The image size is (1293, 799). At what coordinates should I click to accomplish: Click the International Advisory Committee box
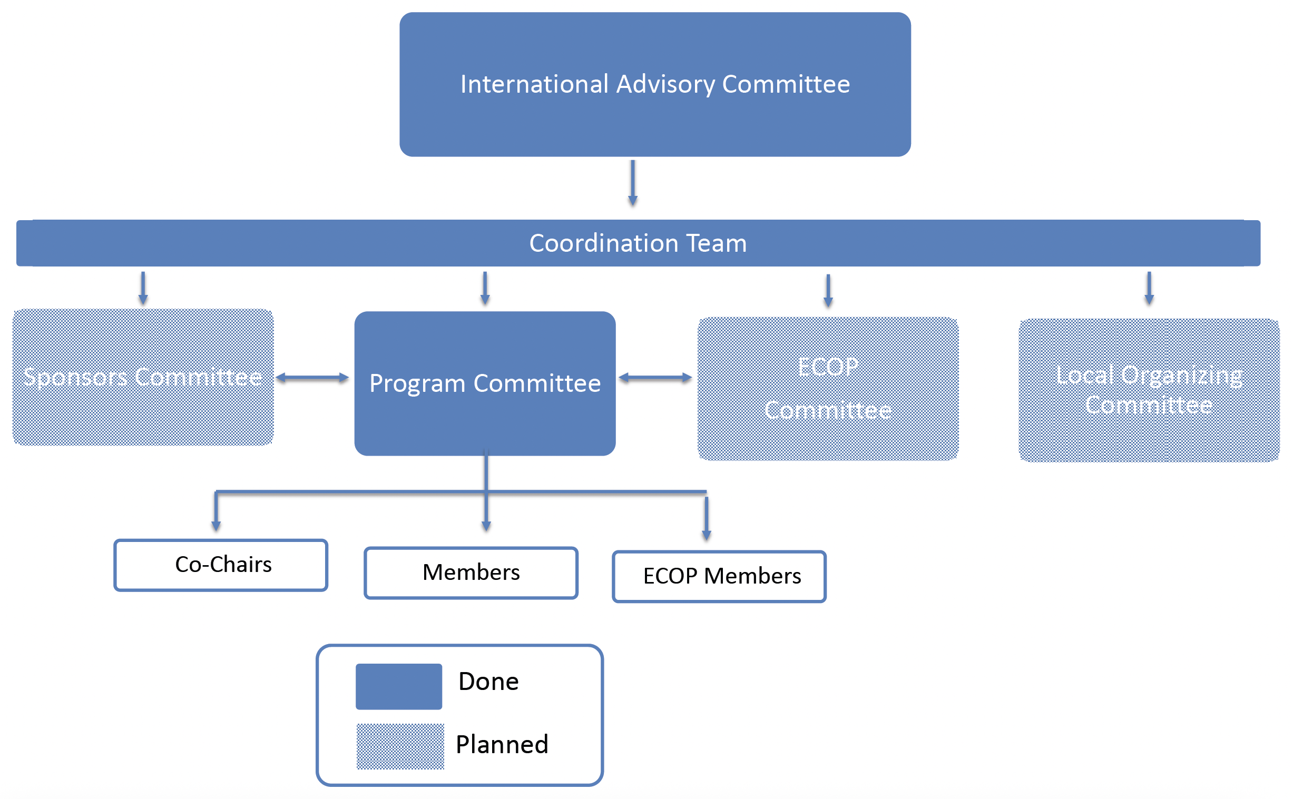point(654,85)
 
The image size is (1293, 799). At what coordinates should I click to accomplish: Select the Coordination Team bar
point(638,243)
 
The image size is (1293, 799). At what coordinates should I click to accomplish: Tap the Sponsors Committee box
point(143,377)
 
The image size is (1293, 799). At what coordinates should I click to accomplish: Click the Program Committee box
point(485,383)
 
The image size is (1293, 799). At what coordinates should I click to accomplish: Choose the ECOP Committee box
point(827,388)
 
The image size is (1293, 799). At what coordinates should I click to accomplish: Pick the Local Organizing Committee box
point(1148,390)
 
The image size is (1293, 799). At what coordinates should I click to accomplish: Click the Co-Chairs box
point(221,565)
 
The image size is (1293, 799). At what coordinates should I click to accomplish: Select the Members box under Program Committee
point(471,573)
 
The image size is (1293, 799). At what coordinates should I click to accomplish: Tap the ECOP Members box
point(719,576)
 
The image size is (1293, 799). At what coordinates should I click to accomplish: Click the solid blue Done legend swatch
point(398,686)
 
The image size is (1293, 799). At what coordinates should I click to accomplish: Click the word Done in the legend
point(488,681)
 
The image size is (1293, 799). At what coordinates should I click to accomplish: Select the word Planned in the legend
point(502,744)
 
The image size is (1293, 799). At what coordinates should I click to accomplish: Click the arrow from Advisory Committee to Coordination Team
point(632,183)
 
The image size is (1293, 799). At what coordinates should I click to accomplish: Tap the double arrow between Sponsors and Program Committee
point(312,377)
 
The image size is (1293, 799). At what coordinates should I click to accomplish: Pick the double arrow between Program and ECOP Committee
point(655,377)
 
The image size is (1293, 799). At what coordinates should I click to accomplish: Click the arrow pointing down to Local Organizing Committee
point(1149,288)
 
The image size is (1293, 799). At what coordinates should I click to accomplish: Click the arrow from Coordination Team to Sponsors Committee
point(143,288)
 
